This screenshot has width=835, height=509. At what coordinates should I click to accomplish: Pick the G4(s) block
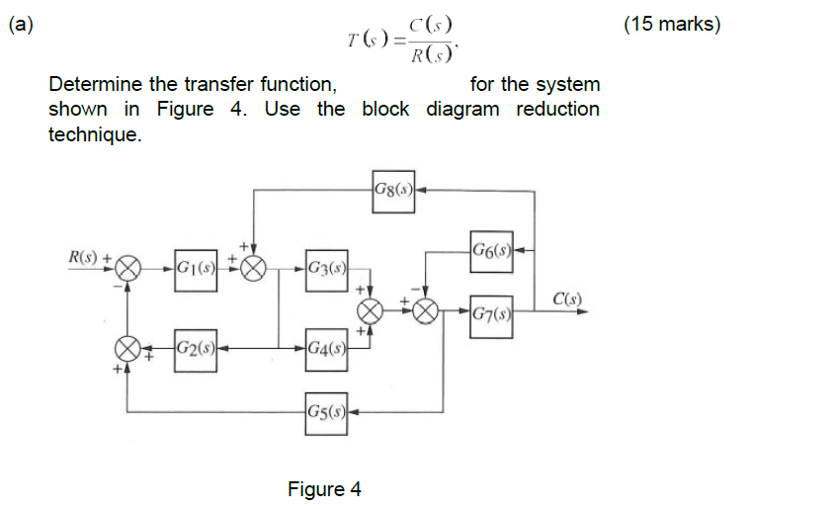(x=325, y=348)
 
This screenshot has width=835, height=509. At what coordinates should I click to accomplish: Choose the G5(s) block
(x=325, y=410)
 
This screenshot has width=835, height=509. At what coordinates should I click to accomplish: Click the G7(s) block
(x=491, y=315)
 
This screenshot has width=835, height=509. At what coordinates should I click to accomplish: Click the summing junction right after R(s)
(x=129, y=267)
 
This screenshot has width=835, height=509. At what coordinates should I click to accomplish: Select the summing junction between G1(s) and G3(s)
(x=255, y=267)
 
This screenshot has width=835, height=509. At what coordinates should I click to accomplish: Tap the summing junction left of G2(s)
(x=129, y=348)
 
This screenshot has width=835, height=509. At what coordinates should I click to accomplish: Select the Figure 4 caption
(x=324, y=488)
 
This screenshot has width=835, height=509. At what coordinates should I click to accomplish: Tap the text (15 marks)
(x=672, y=25)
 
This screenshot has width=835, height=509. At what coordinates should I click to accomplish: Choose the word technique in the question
(x=95, y=134)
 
